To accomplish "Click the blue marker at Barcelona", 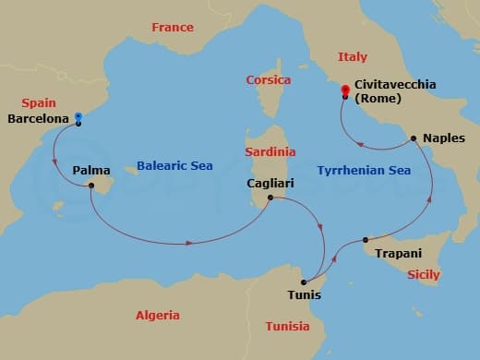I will coord(78,117).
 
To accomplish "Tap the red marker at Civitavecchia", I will coord(344,90).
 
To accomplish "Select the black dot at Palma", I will coord(91,186).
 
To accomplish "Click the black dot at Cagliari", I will coord(270,198).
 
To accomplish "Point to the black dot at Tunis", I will coord(305,282).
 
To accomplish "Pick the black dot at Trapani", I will coord(366,240).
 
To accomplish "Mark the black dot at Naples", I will coord(414,138).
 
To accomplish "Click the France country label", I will coord(173,28).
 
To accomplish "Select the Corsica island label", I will coord(268,80).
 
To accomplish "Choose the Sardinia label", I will coord(270,151).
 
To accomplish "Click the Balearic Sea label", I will coord(174,166).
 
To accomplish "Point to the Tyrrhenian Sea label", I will coord(364,170).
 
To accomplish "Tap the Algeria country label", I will coord(158,316).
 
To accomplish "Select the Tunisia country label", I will coord(287,327).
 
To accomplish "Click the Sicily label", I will coord(424,275).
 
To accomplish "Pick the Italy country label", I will coord(353,57).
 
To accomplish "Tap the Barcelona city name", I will coord(37,119).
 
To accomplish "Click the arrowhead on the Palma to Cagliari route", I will coord(190,244).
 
